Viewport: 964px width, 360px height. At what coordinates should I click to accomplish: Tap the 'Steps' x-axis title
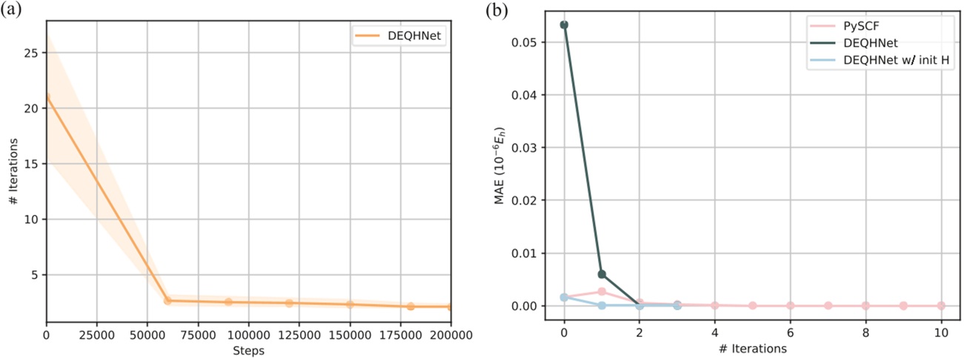[248, 350]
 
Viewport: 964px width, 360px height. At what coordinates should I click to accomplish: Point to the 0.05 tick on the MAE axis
[529, 42]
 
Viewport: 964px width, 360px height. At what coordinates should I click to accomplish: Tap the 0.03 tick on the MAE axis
[529, 147]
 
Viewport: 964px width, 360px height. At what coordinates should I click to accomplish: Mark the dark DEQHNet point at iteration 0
[564, 24]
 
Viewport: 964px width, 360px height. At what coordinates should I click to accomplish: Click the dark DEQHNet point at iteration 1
[602, 274]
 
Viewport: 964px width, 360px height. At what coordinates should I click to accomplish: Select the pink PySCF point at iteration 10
[941, 305]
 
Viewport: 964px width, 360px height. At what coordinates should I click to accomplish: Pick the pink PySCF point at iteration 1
[602, 291]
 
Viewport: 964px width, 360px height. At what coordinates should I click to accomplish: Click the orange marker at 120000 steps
[289, 303]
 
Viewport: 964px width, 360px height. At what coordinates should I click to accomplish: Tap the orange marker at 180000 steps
[410, 306]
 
